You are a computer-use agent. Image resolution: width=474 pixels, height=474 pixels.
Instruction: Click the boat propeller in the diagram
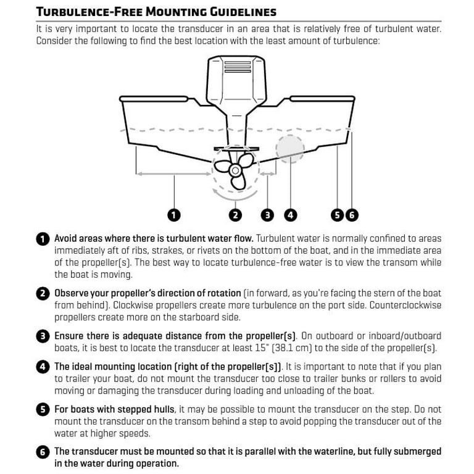(235, 169)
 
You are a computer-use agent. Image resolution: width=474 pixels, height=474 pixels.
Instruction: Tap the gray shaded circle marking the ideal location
(290, 148)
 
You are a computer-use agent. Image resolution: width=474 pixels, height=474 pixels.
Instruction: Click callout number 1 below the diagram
(174, 215)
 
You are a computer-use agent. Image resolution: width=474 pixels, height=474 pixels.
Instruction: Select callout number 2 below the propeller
(235, 215)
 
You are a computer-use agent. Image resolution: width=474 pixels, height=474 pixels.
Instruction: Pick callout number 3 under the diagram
(267, 215)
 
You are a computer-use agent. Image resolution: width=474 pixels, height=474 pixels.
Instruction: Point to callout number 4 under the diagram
(290, 215)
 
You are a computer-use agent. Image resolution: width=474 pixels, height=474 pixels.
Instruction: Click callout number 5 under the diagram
(337, 215)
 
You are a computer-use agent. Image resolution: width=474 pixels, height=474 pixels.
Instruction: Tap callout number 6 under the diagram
(351, 215)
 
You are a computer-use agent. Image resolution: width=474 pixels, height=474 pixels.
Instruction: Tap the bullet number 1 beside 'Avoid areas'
(42, 239)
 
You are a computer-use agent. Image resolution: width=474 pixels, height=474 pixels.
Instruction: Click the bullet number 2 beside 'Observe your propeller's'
(42, 294)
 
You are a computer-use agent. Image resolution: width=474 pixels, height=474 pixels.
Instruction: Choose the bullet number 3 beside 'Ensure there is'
(42, 337)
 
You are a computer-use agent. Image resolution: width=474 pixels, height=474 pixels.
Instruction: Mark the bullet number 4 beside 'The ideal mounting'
(42, 367)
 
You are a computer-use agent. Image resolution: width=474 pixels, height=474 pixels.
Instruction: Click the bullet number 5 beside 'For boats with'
(42, 410)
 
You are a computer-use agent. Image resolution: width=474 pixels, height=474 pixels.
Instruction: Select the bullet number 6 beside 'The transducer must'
(42, 452)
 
